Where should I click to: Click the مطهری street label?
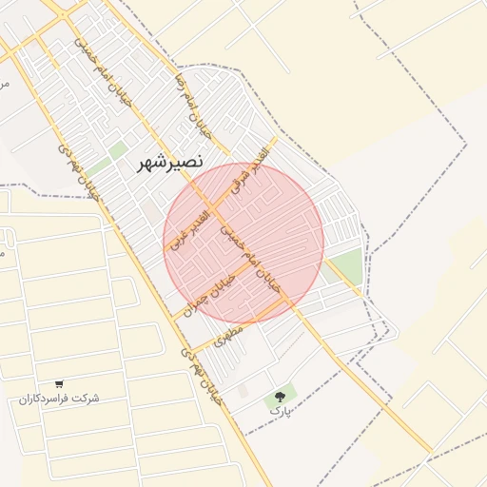click(x=229, y=336)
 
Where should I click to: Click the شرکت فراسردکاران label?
click(x=59, y=398)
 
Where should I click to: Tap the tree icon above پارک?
click(x=280, y=397)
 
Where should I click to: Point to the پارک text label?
click(x=280, y=411)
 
